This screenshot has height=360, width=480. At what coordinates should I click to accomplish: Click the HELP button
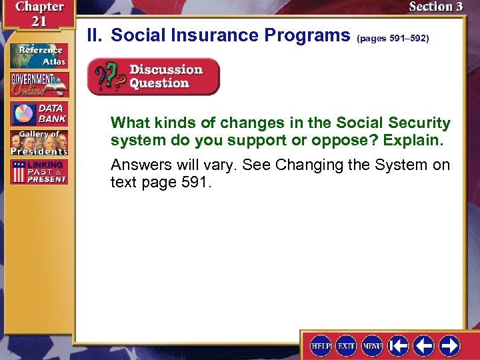(321, 345)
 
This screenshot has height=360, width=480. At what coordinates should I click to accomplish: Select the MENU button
(372, 345)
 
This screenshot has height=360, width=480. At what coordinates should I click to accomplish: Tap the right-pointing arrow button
(449, 345)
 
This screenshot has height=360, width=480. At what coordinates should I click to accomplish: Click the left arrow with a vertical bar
(399, 345)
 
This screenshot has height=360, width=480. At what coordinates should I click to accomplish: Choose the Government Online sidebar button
(38, 84)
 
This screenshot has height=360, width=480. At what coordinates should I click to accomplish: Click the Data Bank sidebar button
(38, 113)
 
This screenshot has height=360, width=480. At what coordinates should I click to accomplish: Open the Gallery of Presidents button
(38, 142)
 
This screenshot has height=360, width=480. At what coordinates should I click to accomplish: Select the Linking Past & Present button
(38, 171)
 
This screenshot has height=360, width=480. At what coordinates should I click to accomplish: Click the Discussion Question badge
(153, 77)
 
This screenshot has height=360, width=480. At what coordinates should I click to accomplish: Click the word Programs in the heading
(309, 35)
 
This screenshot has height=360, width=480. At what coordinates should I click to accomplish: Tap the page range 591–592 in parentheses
(393, 38)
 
